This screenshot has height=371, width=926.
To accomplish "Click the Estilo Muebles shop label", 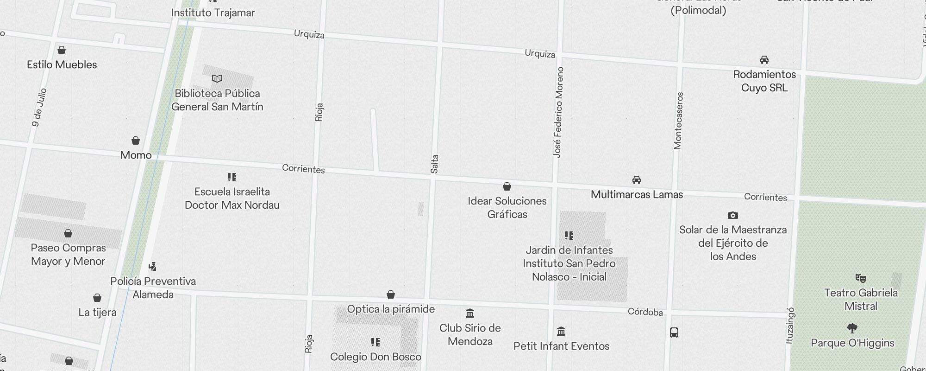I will click(62, 64).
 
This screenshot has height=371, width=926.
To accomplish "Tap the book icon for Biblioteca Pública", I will click(217, 79).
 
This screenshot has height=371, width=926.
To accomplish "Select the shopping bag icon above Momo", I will click(136, 141).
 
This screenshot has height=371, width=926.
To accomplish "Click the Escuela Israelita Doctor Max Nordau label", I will click(232, 198).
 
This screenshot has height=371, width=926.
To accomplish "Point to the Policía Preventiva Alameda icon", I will click(153, 267).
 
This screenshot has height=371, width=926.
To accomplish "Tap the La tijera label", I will click(97, 312).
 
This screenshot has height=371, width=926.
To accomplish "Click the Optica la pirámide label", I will click(391, 309).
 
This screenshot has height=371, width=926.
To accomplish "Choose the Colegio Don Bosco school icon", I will click(375, 342).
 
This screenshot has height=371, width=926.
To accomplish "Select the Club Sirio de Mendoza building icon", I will click(470, 313).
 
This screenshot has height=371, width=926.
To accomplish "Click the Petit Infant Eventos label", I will click(561, 346).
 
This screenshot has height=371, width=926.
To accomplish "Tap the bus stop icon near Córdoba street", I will click(674, 332).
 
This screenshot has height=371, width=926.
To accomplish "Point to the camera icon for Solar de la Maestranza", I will click(733, 215).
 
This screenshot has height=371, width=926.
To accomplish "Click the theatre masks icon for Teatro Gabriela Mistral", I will click(861, 278).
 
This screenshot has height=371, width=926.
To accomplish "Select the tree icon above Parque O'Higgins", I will click(852, 328).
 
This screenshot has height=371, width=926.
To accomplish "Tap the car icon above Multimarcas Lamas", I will click(637, 180).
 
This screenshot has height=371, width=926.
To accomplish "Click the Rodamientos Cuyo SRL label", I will click(764, 81).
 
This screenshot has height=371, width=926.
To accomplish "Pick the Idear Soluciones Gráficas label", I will click(507, 207).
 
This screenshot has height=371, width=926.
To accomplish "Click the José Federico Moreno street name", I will click(559, 112).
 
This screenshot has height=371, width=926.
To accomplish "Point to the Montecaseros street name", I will click(679, 121).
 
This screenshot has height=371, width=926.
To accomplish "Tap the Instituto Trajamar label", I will click(213, 13).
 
